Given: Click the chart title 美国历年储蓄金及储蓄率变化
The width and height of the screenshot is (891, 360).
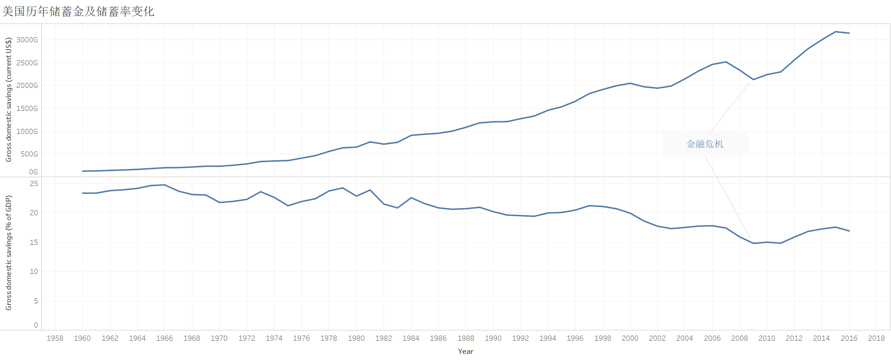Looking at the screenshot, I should [78, 11].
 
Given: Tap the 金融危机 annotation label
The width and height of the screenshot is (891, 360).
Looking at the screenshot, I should [705, 144].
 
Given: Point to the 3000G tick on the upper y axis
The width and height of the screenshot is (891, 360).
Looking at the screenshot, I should [27, 40].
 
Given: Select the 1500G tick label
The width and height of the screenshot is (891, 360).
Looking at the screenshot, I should [27, 109].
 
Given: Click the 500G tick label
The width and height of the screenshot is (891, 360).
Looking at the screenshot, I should [29, 154].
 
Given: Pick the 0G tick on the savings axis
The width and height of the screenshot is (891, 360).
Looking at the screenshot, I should [33, 172].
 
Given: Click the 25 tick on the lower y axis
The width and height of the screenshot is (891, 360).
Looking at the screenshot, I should [34, 184].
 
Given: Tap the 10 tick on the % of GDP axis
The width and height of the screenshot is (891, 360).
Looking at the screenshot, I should [34, 272].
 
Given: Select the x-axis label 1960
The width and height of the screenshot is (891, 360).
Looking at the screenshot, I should [82, 338].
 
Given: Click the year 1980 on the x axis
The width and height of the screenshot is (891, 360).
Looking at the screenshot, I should [356, 338].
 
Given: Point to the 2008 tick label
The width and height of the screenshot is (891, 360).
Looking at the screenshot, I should [740, 338].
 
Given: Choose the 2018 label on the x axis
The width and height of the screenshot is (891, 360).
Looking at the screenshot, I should [876, 338].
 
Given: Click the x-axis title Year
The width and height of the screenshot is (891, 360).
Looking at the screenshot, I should [465, 352].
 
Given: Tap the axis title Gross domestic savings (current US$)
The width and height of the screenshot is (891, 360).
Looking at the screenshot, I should [8, 100].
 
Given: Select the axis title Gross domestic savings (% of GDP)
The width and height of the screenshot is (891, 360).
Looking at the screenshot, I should [8, 253].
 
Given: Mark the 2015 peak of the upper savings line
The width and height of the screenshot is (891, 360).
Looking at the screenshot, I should [836, 31].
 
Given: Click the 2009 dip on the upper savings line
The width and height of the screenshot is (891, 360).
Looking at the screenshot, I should [753, 79].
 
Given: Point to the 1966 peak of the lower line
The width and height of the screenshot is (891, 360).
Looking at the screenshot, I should [165, 185].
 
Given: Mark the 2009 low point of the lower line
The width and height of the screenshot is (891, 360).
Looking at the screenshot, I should [753, 243].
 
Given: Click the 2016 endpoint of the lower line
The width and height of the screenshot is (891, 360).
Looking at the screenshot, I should [849, 231].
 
